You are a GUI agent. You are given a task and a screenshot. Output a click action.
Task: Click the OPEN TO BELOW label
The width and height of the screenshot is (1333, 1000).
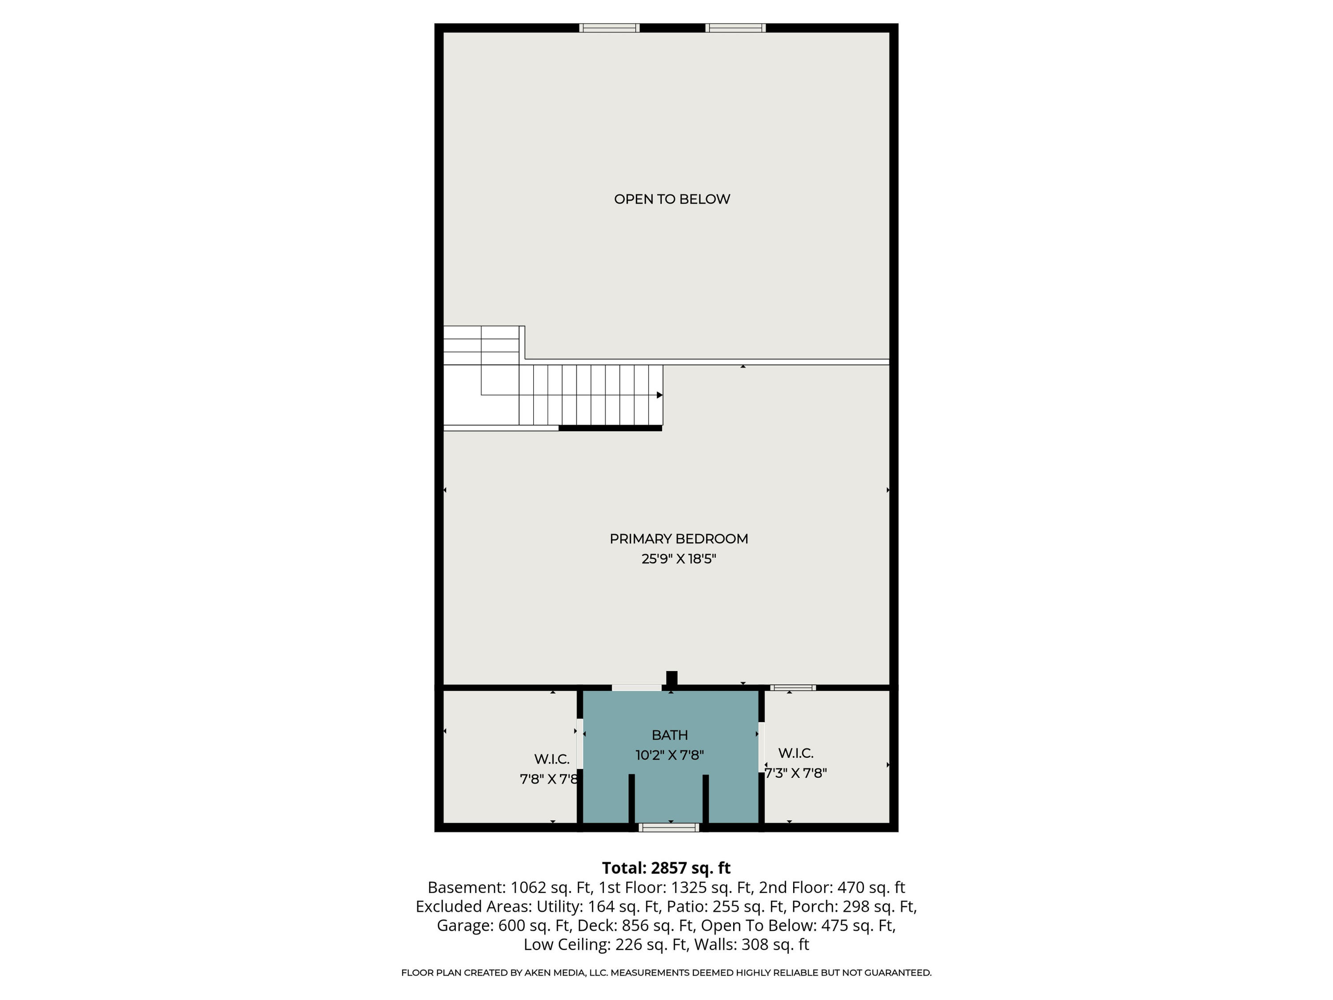tap(672, 199)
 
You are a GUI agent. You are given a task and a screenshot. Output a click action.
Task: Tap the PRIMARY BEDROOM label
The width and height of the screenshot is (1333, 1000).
tap(678, 539)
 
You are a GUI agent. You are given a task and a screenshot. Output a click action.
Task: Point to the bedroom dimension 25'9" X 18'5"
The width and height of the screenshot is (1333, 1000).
tap(678, 559)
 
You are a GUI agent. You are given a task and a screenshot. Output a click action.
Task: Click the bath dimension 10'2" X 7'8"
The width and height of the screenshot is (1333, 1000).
tap(670, 755)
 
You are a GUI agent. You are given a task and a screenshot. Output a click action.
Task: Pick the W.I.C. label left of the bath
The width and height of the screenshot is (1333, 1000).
tap(551, 759)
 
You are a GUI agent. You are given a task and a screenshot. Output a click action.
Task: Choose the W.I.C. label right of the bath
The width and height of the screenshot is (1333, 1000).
tap(795, 753)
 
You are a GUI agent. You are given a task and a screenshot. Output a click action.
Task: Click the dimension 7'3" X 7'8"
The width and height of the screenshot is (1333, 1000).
tap(795, 773)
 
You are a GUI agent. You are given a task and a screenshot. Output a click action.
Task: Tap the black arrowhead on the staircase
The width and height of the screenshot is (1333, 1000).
tap(660, 396)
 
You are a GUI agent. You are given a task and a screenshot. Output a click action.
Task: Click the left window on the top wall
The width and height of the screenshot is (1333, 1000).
tap(609, 28)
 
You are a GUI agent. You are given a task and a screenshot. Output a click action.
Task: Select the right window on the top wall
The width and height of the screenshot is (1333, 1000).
tap(735, 28)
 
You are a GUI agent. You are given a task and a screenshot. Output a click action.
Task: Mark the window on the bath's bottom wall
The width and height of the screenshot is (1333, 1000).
tap(669, 828)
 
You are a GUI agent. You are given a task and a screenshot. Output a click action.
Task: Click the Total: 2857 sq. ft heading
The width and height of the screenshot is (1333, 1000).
tap(666, 868)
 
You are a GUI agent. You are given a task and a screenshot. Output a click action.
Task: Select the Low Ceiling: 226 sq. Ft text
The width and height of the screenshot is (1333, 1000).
tap(605, 944)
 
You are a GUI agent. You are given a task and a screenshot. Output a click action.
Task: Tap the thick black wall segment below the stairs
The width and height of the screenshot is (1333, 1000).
tap(610, 428)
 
